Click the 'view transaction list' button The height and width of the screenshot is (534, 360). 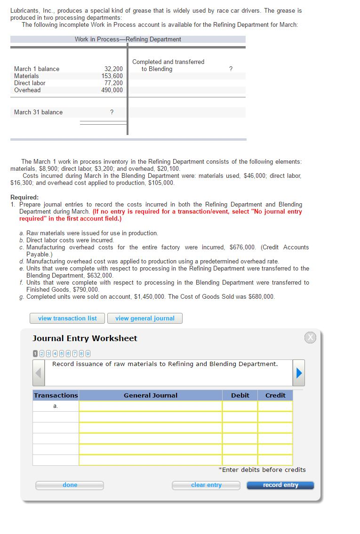[67, 319]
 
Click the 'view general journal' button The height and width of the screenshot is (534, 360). [144, 319]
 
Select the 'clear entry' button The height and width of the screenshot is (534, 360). [206, 485]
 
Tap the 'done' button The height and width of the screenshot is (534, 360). [70, 485]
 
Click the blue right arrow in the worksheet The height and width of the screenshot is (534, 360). [298, 373]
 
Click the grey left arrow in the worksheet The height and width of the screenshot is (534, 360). [40, 373]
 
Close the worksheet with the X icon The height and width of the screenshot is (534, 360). [310, 337]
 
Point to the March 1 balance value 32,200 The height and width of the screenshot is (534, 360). [113, 69]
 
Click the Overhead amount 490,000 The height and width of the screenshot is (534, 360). [112, 90]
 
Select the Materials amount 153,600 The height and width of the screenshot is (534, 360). [112, 76]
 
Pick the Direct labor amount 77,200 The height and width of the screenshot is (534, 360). [113, 83]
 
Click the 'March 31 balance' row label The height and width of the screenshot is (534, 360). [38, 112]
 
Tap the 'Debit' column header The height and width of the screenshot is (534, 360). [240, 396]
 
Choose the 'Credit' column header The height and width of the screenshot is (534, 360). [275, 396]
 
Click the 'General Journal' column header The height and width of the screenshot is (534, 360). [151, 396]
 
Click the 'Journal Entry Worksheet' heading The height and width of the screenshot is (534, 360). [85, 338]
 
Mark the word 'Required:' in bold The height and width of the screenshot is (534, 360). [24, 198]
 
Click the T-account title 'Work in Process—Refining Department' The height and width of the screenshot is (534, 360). [128, 40]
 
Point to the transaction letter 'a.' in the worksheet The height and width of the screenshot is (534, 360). [56, 406]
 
